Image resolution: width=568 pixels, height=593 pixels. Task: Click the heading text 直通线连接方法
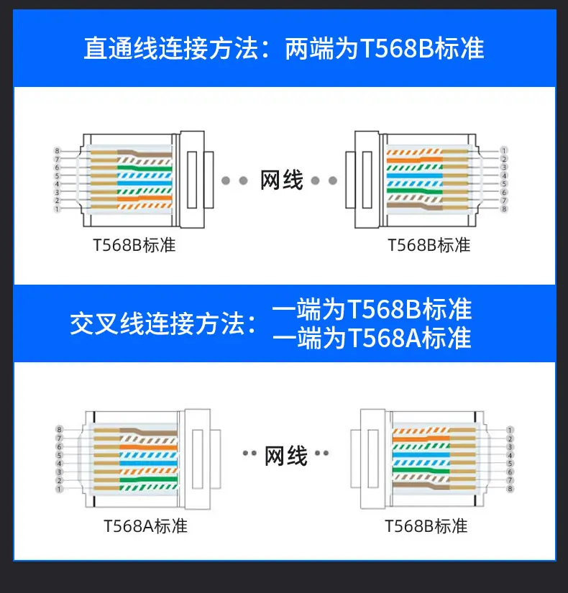[x=171, y=48]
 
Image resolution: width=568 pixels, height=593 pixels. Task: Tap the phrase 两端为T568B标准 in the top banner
[x=385, y=48]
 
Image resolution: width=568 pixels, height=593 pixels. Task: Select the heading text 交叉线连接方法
[x=157, y=323]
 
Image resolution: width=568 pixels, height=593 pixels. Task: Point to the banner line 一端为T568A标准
[x=372, y=338]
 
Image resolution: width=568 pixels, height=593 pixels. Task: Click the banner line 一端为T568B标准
[x=372, y=309]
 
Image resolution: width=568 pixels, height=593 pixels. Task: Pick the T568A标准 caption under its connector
[x=145, y=526]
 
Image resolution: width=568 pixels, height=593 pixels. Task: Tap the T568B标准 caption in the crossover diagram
[x=426, y=526]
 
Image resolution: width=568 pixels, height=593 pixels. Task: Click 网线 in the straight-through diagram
[x=282, y=180]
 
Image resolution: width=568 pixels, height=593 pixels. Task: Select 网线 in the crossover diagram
[x=285, y=456]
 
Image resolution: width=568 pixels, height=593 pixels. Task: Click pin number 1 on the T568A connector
[x=59, y=489]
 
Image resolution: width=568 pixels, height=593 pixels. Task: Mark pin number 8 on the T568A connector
[x=59, y=429]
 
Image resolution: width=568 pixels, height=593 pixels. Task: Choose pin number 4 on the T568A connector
[x=59, y=464]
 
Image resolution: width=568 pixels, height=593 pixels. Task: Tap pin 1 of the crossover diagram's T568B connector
[x=510, y=430]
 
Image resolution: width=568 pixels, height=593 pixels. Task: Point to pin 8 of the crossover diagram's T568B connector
[x=510, y=489]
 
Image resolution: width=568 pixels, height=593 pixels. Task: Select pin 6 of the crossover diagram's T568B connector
[x=510, y=472]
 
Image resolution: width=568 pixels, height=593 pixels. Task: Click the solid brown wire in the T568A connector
[x=148, y=431]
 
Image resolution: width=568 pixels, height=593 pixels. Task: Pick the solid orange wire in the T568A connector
[x=148, y=447]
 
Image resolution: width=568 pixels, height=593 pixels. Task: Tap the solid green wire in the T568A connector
[x=148, y=479]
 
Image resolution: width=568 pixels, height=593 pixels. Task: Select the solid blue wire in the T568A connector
[x=148, y=463]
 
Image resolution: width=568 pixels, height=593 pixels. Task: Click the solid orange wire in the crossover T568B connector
[x=421, y=438]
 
